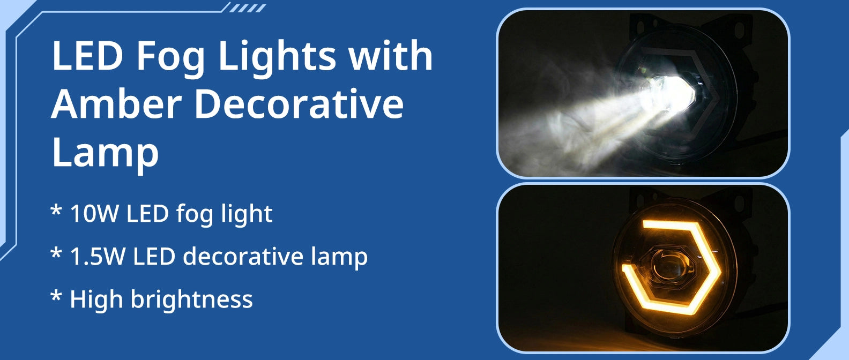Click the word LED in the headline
tap(87, 56)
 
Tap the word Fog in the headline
tap(170, 59)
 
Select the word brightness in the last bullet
tap(192, 299)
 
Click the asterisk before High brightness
tap(56, 296)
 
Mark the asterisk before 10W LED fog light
tap(56, 209)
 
